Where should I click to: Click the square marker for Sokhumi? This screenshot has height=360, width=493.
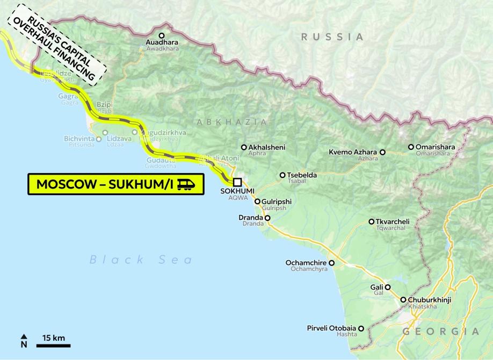tap(237, 182)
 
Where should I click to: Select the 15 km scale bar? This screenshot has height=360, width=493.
tap(53, 345)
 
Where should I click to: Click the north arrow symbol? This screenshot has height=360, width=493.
tap(24, 340)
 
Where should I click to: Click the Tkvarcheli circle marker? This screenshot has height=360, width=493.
tap(372, 221)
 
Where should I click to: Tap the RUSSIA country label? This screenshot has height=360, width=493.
tap(332, 37)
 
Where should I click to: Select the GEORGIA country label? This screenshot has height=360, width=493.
tap(441, 331)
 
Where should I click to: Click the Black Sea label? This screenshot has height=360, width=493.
tap(141, 260)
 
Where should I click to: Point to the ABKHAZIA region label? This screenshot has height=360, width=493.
tap(232, 122)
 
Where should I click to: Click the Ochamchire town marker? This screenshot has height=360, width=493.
tap(331, 263)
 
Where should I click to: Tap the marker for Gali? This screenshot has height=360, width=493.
tap(387, 287)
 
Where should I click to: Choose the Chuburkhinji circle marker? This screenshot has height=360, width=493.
tap(403, 300)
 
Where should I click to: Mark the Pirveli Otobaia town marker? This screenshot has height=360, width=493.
tap(361, 328)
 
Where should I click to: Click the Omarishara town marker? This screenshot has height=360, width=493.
tap(411, 147)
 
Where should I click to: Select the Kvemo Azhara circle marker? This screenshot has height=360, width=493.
tap(383, 152)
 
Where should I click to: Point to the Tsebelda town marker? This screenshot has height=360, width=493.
tap(282, 175)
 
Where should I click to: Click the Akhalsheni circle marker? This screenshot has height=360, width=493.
tap(244, 147)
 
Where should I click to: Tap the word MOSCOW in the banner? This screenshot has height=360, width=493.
tap(66, 185)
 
